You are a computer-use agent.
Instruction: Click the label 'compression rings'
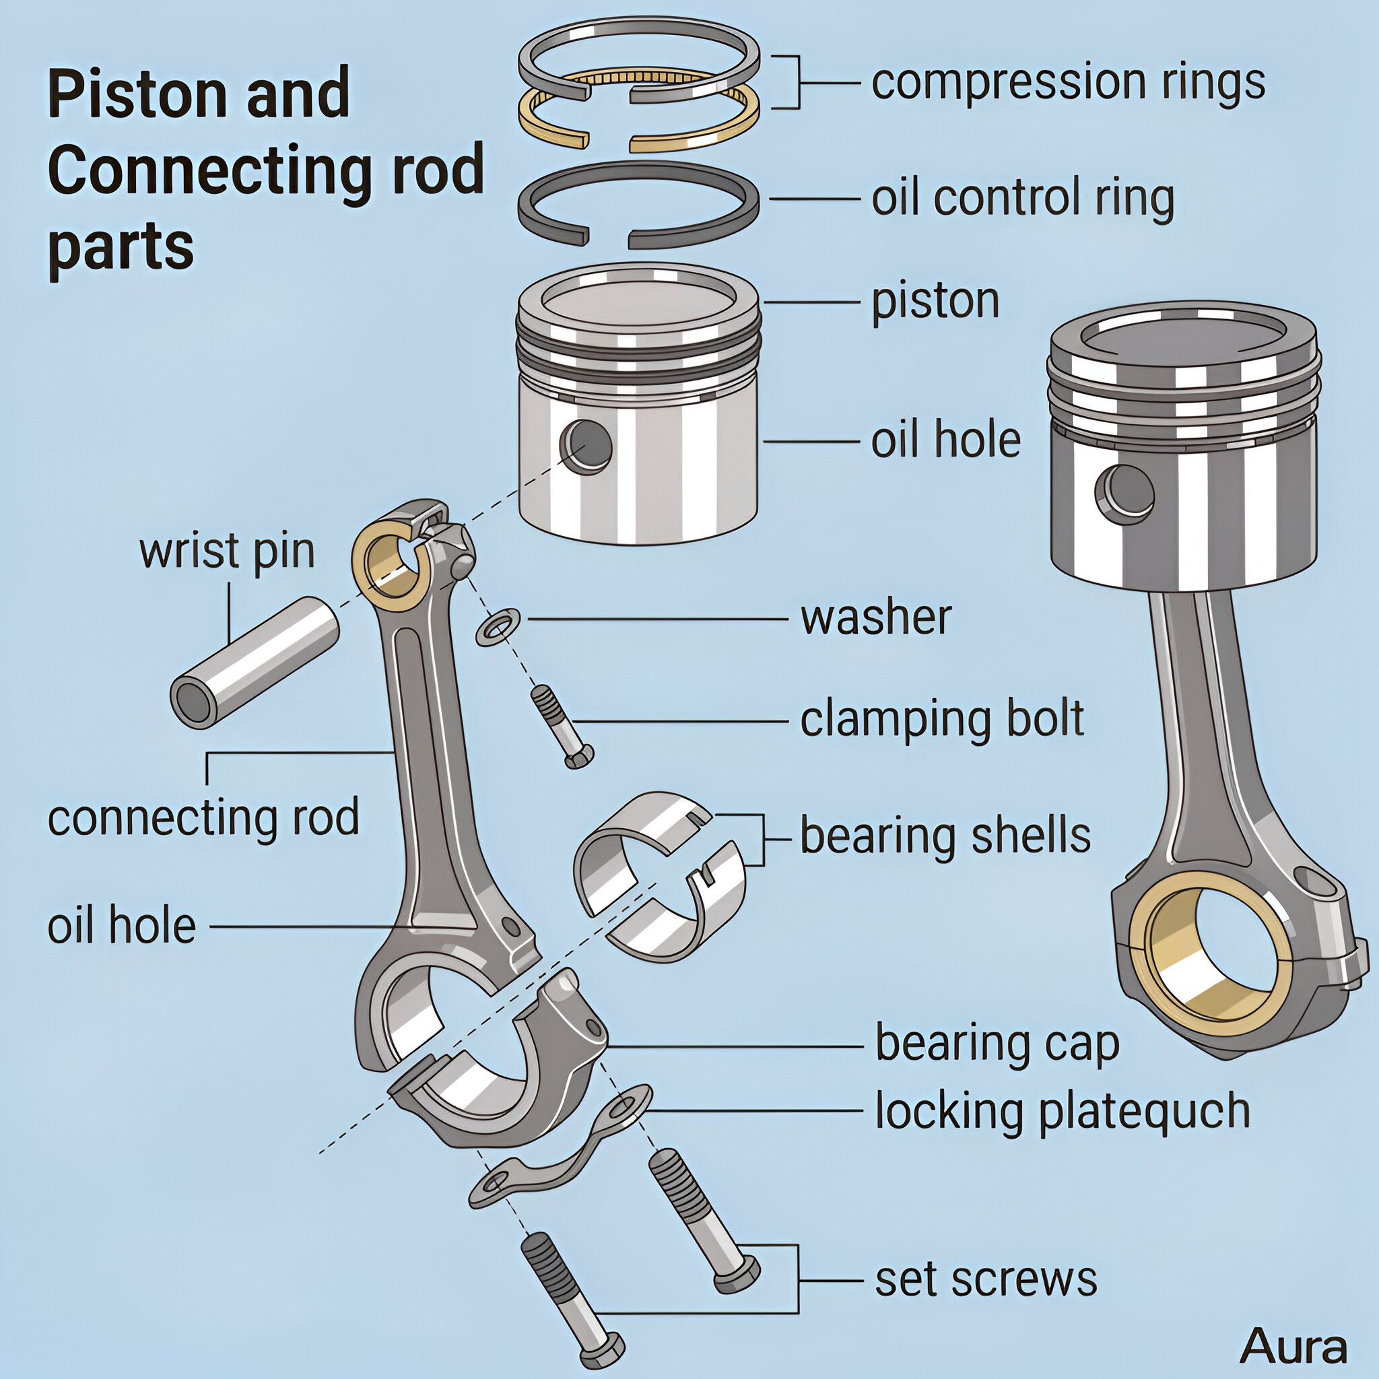click(1068, 83)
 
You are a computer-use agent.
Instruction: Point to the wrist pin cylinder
click(254, 663)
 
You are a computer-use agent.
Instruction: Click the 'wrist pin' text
click(227, 551)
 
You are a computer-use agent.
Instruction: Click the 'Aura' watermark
click(1293, 1347)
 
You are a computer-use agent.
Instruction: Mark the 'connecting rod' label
click(203, 818)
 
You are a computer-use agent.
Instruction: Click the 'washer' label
click(876, 617)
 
